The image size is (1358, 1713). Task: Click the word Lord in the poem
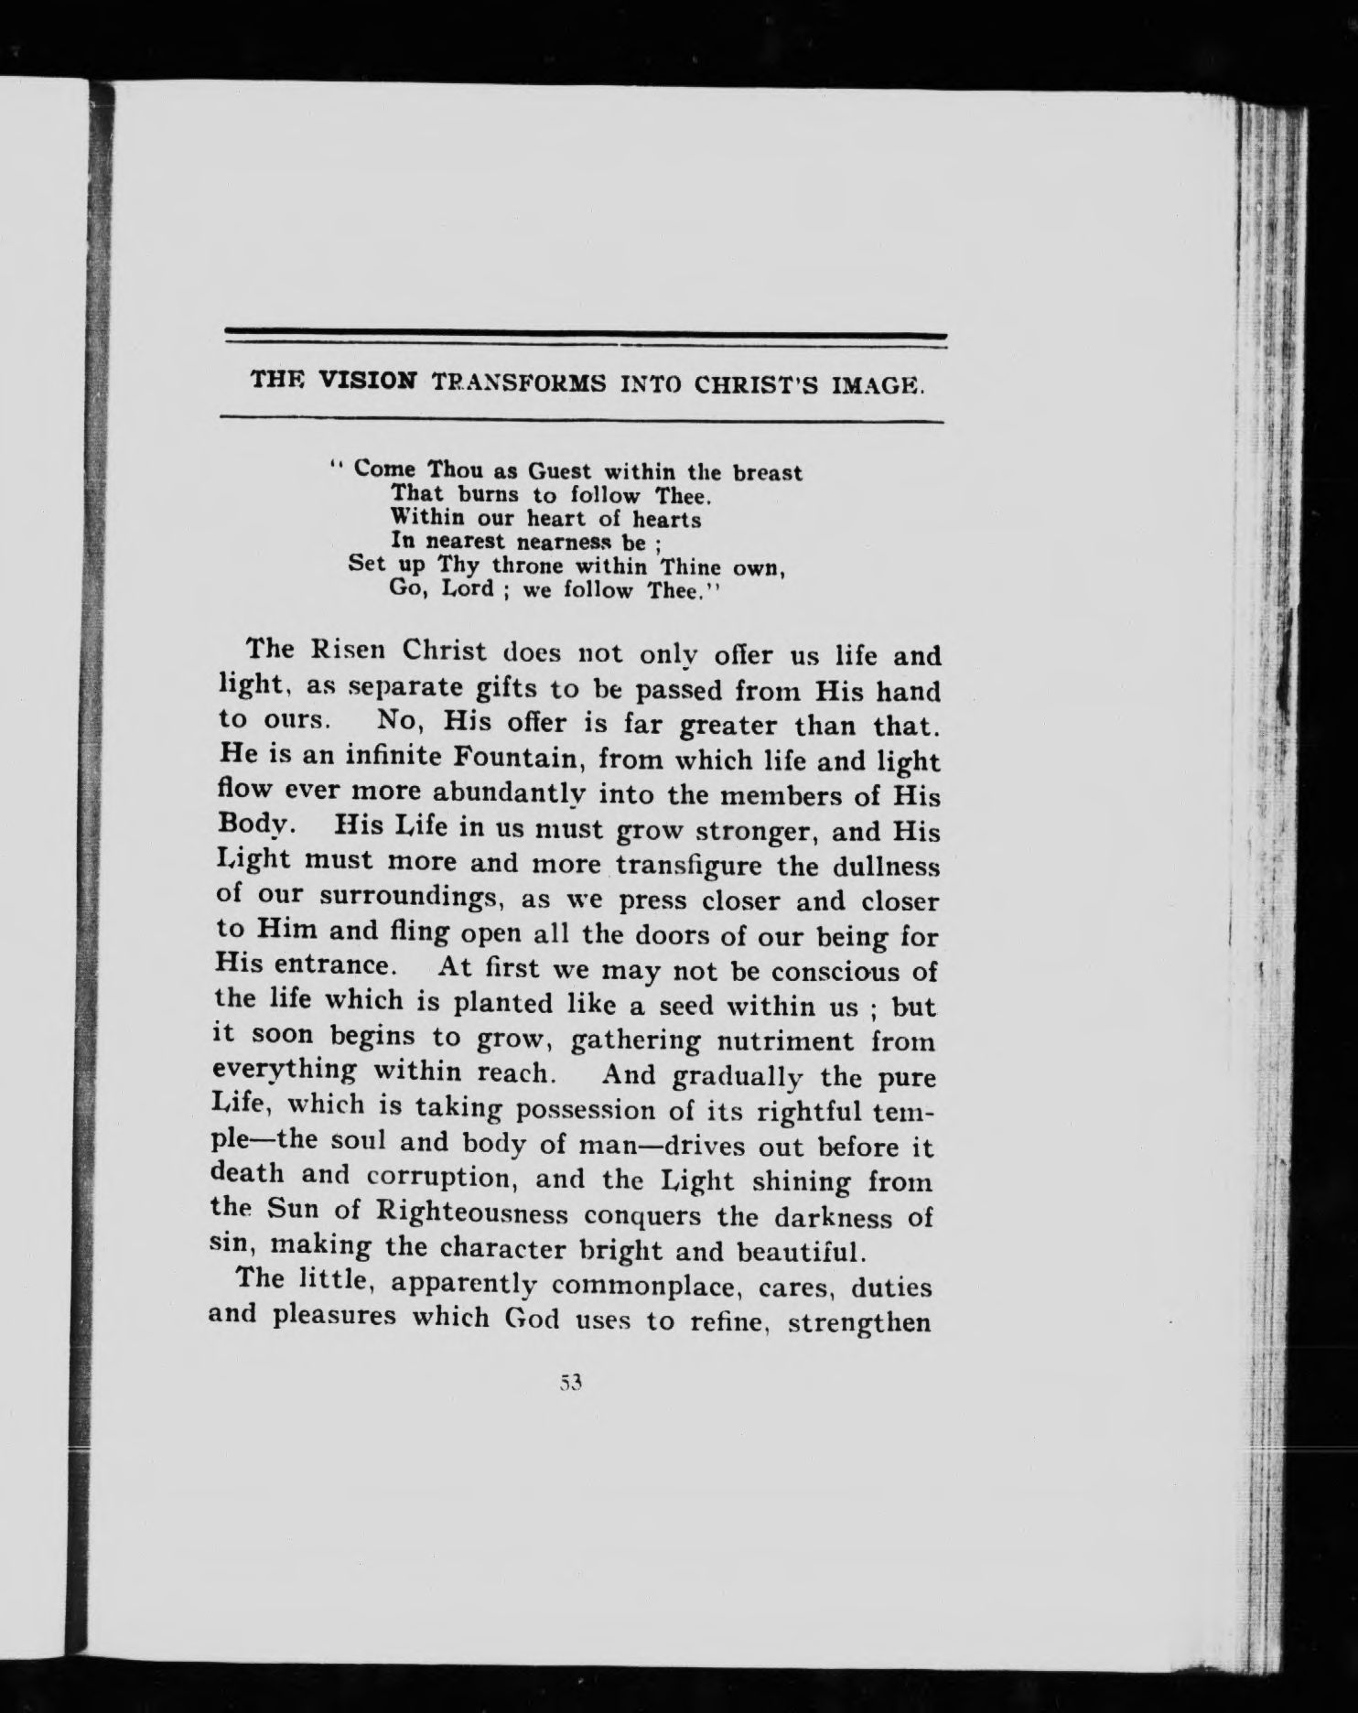coord(467,588)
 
